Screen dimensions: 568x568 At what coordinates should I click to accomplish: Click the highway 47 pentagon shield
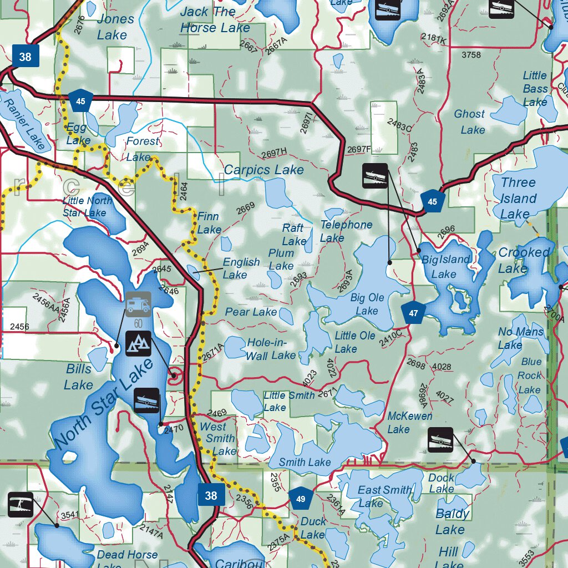[x=414, y=313]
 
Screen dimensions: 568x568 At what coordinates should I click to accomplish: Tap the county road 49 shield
[x=301, y=499]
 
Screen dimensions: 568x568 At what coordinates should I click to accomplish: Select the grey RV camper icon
[x=138, y=303]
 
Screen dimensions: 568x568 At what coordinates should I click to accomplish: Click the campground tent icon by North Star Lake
[x=138, y=344]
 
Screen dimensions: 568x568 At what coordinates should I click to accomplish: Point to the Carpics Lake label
[x=264, y=170]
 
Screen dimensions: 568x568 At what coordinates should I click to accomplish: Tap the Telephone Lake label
[x=346, y=231]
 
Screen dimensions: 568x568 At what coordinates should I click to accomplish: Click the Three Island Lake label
[x=518, y=198]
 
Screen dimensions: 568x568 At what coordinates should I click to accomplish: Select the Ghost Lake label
[x=470, y=121]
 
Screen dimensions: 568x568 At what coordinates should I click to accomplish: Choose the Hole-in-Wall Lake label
[x=271, y=349]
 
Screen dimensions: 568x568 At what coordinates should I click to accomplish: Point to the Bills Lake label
[x=78, y=376]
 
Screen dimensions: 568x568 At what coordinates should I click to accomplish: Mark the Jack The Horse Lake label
[x=215, y=19]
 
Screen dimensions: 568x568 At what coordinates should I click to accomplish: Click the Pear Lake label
[x=251, y=312]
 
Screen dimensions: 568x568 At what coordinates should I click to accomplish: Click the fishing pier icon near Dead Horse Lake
[x=21, y=504]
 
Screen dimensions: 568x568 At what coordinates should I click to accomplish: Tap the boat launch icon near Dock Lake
[x=440, y=439]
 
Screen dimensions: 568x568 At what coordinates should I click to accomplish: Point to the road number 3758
[x=471, y=54]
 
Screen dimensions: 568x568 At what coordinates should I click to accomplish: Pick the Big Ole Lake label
[x=367, y=304]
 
